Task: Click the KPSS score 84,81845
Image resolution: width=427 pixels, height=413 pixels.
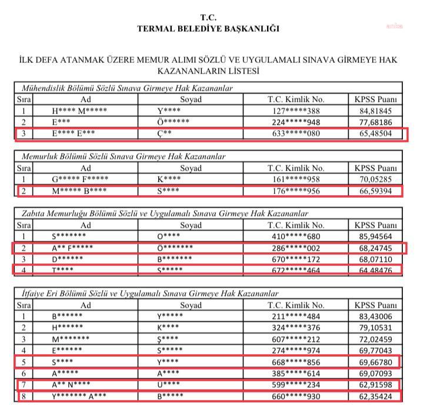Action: tap(376, 111)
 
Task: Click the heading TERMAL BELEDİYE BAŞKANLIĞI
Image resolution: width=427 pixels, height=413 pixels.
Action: tap(208, 28)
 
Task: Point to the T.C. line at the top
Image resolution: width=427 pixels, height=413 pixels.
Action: tap(208, 17)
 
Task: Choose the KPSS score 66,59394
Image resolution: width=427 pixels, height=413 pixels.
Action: tap(376, 191)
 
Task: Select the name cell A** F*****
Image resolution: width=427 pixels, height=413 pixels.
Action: tap(72, 247)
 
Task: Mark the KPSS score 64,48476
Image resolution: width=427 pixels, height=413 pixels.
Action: tap(376, 270)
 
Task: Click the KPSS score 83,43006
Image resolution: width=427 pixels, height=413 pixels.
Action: tap(376, 316)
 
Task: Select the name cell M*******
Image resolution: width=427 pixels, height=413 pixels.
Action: tap(71, 339)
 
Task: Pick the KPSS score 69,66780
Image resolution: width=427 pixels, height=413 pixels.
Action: tap(376, 362)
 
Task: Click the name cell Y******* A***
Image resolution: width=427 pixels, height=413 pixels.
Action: tap(80, 396)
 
